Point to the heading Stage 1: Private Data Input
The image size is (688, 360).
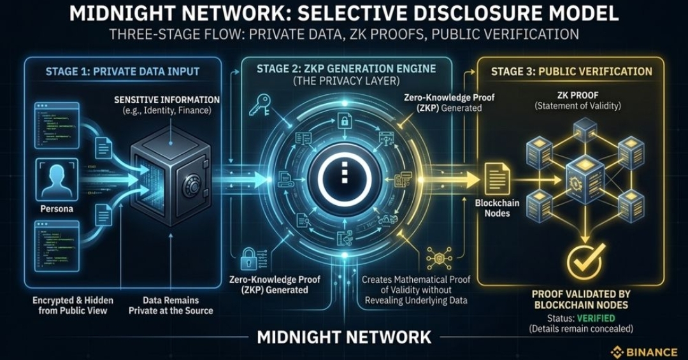tap(122, 71)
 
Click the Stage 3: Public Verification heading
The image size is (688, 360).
tap(571, 71)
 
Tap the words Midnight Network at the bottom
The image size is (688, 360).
tap(344, 336)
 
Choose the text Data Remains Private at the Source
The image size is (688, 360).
tap(171, 305)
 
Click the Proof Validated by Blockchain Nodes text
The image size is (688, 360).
tap(581, 299)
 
